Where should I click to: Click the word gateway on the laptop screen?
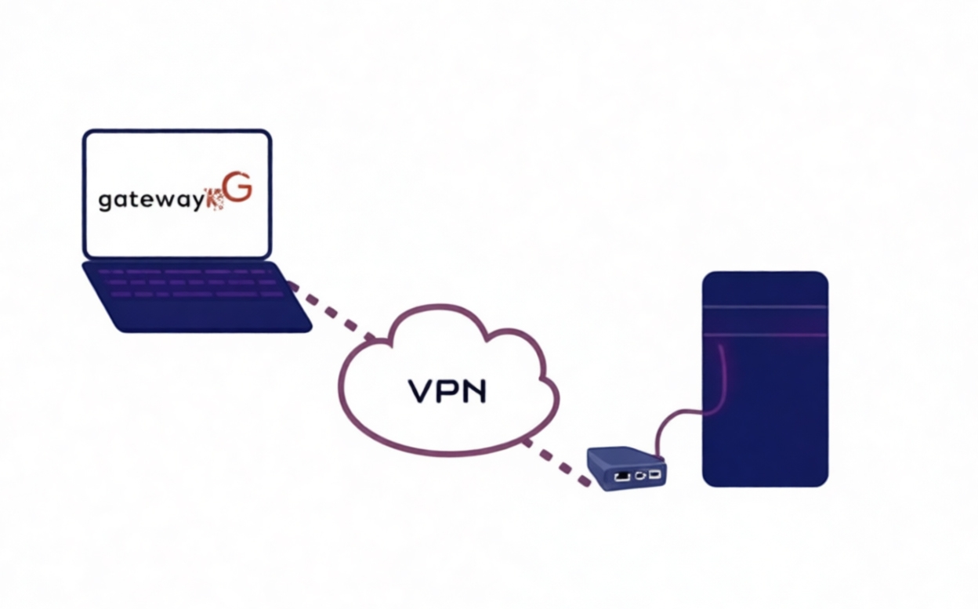150,200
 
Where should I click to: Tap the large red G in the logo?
239,192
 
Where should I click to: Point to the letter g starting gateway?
105,201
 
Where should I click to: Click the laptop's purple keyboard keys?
193,281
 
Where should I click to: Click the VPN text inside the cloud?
447,390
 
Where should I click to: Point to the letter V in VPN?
421,390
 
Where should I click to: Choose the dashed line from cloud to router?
556,462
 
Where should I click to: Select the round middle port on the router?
641,474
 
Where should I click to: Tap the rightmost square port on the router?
654,473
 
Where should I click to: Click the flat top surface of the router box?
623,456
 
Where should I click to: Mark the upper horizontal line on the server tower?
765,306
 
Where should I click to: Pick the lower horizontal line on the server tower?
765,335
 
